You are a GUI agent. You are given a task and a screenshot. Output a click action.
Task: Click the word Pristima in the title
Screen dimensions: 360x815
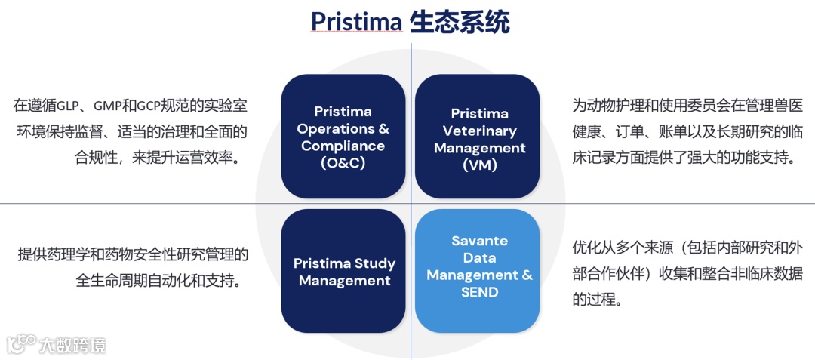click(x=356, y=23)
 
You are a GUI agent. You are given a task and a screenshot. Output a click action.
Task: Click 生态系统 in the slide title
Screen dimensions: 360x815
click(x=460, y=23)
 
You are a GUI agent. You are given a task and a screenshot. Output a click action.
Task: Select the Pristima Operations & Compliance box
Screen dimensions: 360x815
click(x=343, y=136)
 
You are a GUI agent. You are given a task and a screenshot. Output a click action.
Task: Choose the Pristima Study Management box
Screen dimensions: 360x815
click(x=343, y=271)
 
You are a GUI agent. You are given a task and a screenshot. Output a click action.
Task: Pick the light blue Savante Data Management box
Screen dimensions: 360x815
click(x=478, y=271)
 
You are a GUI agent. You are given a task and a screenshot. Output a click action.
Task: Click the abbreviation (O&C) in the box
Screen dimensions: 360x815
click(x=343, y=163)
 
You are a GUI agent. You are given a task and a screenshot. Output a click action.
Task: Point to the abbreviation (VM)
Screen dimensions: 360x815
click(x=479, y=165)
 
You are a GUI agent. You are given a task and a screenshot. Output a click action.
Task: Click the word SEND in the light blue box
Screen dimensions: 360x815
click(x=480, y=292)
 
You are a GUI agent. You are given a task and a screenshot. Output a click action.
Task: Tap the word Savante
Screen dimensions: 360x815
click(x=479, y=242)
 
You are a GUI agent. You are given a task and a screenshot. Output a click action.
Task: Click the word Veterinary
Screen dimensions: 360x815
click(x=479, y=131)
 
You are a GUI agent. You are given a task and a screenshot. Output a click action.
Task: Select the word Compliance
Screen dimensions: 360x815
click(x=343, y=146)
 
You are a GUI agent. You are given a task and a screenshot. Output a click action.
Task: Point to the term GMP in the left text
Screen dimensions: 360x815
click(x=106, y=106)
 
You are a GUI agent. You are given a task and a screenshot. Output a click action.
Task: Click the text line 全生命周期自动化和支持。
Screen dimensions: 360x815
click(x=159, y=282)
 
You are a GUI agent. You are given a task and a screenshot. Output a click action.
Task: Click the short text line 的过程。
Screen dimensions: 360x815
click(x=596, y=300)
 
